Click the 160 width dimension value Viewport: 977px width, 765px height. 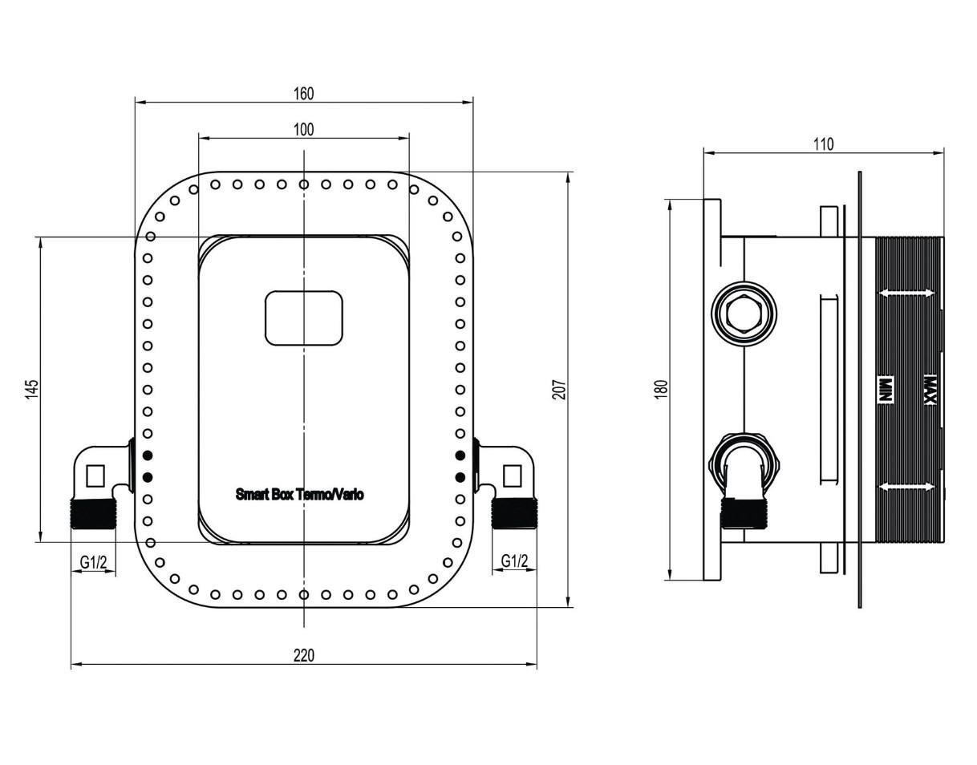(303, 94)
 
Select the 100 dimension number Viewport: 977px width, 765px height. (303, 129)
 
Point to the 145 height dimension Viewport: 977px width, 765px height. (31, 389)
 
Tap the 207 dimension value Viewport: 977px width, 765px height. (560, 390)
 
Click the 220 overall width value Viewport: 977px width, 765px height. (303, 655)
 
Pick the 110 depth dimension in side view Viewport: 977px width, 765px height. (824, 144)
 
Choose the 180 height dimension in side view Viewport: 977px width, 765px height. (662, 390)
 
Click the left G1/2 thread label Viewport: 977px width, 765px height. (93, 562)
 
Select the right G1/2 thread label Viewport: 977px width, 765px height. (514, 561)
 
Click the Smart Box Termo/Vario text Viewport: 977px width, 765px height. (299, 494)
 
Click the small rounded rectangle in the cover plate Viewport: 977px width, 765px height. (303, 318)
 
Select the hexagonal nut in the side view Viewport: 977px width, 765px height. (744, 314)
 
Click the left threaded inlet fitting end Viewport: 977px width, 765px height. (94, 513)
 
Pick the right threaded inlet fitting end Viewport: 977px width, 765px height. (513, 513)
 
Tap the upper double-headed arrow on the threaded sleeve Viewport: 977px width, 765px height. (907, 293)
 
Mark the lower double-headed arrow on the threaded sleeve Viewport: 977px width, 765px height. (907, 486)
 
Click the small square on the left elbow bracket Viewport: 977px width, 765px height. (95, 476)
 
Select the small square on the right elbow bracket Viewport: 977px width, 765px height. (513, 476)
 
